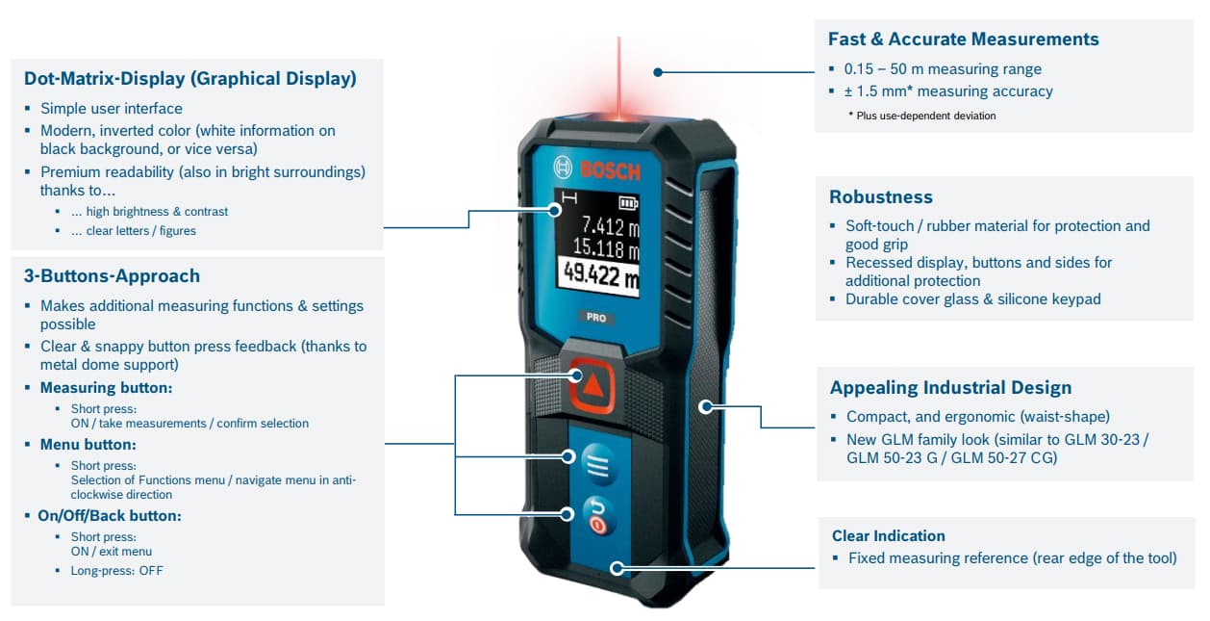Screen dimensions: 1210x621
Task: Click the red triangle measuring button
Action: (592, 385)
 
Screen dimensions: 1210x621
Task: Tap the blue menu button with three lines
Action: (599, 464)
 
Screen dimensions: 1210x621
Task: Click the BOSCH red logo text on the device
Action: (611, 171)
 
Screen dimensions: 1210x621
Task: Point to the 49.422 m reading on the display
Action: (599, 276)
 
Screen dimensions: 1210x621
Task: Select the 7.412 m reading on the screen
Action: (611, 225)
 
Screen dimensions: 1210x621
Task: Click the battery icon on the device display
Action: (628, 203)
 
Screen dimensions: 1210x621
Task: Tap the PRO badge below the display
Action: (596, 318)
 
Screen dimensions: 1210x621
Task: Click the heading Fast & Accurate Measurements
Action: (963, 39)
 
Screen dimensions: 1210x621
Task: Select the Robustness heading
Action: (881, 197)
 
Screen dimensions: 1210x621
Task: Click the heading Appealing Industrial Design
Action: (950, 387)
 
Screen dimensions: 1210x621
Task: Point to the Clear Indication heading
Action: (889, 535)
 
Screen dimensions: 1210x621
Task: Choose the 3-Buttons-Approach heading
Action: (112, 276)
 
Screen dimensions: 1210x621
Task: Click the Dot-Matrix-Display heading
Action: (190, 78)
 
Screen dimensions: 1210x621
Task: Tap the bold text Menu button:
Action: (88, 444)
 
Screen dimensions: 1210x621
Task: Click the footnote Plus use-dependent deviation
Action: (922, 116)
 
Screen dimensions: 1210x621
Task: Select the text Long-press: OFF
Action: (116, 571)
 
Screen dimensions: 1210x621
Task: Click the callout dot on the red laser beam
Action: (657, 72)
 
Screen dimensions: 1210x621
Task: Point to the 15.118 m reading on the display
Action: (606, 248)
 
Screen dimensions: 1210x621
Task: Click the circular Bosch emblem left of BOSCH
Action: (563, 167)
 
